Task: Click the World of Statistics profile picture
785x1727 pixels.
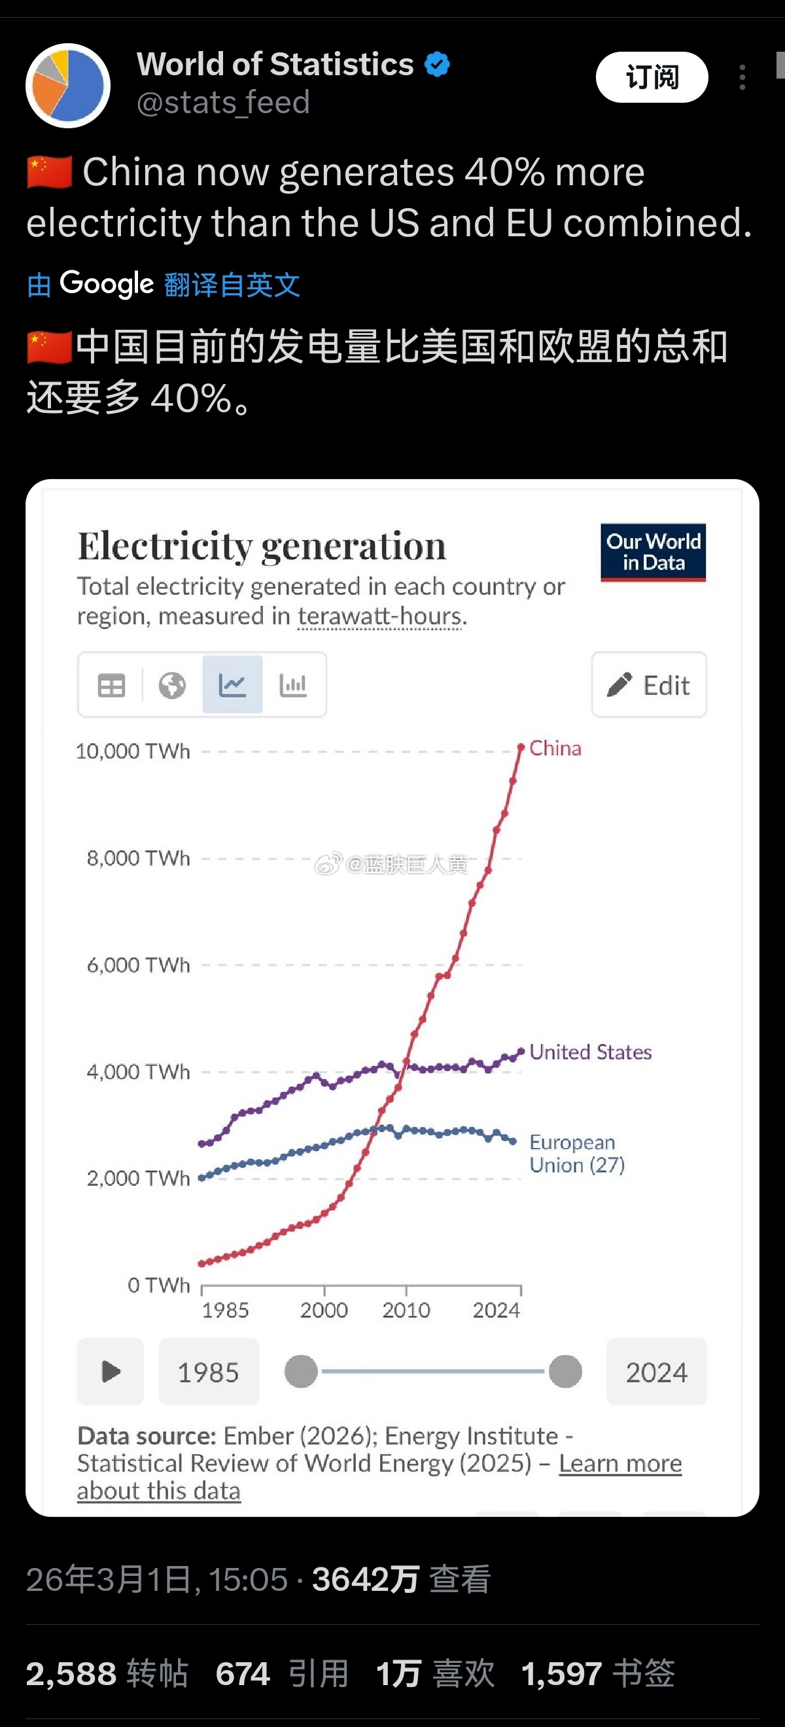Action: pyautogui.click(x=68, y=85)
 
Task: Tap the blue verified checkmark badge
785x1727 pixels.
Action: pyautogui.click(x=437, y=64)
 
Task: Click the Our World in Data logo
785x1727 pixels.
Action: pyautogui.click(x=653, y=552)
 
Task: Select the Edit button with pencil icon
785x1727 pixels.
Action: pyautogui.click(x=648, y=685)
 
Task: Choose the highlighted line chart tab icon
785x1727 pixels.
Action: pyautogui.click(x=232, y=685)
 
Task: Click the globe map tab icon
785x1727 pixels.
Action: pyautogui.click(x=172, y=685)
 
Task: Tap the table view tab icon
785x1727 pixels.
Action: pyautogui.click(x=111, y=685)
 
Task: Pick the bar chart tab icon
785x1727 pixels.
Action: pyautogui.click(x=293, y=685)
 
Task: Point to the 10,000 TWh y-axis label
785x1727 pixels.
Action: pyautogui.click(x=133, y=751)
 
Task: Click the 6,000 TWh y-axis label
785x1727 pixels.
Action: pyautogui.click(x=138, y=965)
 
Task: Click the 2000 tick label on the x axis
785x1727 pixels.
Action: pyautogui.click(x=324, y=1309)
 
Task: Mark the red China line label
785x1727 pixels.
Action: pyautogui.click(x=555, y=748)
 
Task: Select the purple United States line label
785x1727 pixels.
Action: pyautogui.click(x=590, y=1052)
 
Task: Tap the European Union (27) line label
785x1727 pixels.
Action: pyautogui.click(x=576, y=1153)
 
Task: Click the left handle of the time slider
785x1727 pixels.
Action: pyautogui.click(x=301, y=1371)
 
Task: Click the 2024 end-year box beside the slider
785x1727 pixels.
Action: pyautogui.click(x=656, y=1372)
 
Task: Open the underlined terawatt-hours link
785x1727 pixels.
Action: pyautogui.click(x=380, y=616)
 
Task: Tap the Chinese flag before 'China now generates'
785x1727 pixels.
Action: pyautogui.click(x=50, y=171)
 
